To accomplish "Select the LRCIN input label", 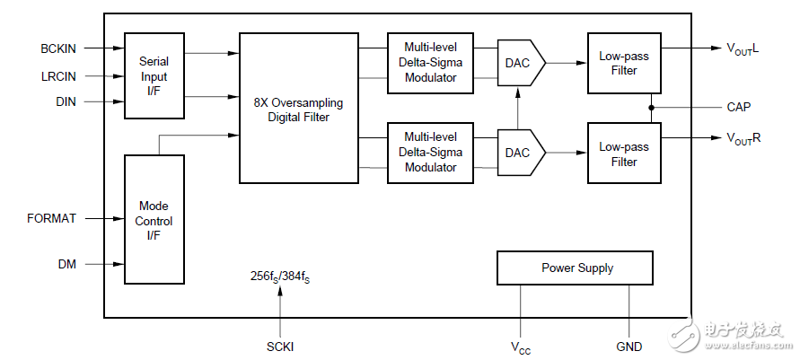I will pyautogui.click(x=58, y=75).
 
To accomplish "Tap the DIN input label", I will pyautogui.click(x=66, y=102).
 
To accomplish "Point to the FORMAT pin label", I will pyautogui.click(x=52, y=218).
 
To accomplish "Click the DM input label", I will pyautogui.click(x=67, y=264).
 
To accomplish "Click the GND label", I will pyautogui.click(x=629, y=345).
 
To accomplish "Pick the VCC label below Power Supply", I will pyautogui.click(x=521, y=346).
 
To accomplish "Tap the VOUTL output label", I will pyautogui.click(x=743, y=48).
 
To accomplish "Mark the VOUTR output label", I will pyautogui.click(x=743, y=138).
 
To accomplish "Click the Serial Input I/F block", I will pyautogui.click(x=154, y=76).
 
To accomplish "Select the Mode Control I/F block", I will pyautogui.click(x=154, y=221).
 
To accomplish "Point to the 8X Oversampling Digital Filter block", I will pyautogui.click(x=298, y=108).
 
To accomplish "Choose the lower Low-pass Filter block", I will pyautogui.click(x=624, y=154).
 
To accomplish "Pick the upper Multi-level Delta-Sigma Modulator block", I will pyautogui.click(x=430, y=63).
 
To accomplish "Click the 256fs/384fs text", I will pyautogui.click(x=280, y=277).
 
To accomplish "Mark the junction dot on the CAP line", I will pyautogui.click(x=651, y=107).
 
